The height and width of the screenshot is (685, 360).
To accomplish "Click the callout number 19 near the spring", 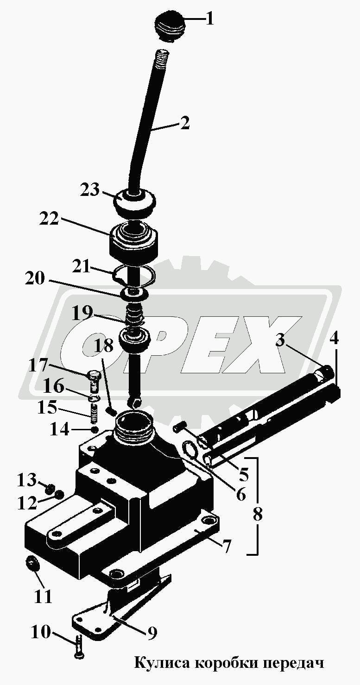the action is (82, 313).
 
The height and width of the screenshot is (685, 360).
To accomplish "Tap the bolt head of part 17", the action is (94, 374).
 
